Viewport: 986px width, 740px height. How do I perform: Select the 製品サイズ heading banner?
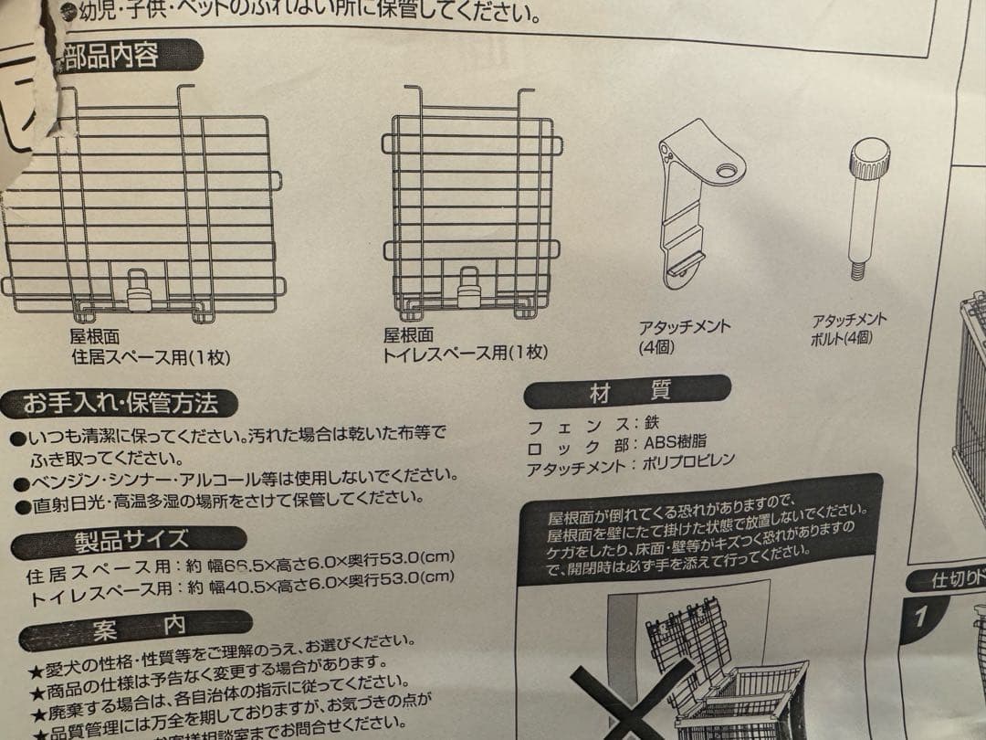click(132, 538)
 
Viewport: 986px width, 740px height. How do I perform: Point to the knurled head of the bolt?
click(869, 159)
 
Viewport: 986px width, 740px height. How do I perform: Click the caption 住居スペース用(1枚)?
click(151, 357)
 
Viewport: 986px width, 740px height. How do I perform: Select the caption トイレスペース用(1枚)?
click(466, 353)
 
